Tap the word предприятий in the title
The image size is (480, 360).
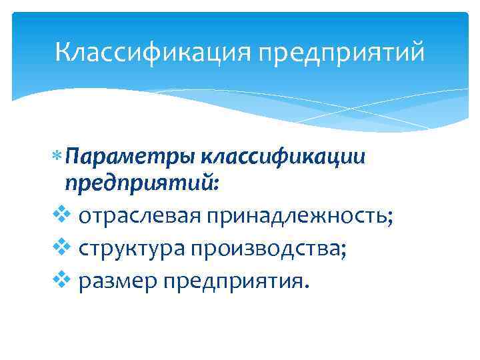pyautogui.click(x=345, y=52)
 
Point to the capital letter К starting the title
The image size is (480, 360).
pyautogui.click(x=63, y=51)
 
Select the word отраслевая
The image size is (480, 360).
pyautogui.click(x=140, y=216)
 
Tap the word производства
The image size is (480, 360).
pyautogui.click(x=264, y=248)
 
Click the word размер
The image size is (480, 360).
pyautogui.click(x=115, y=281)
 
